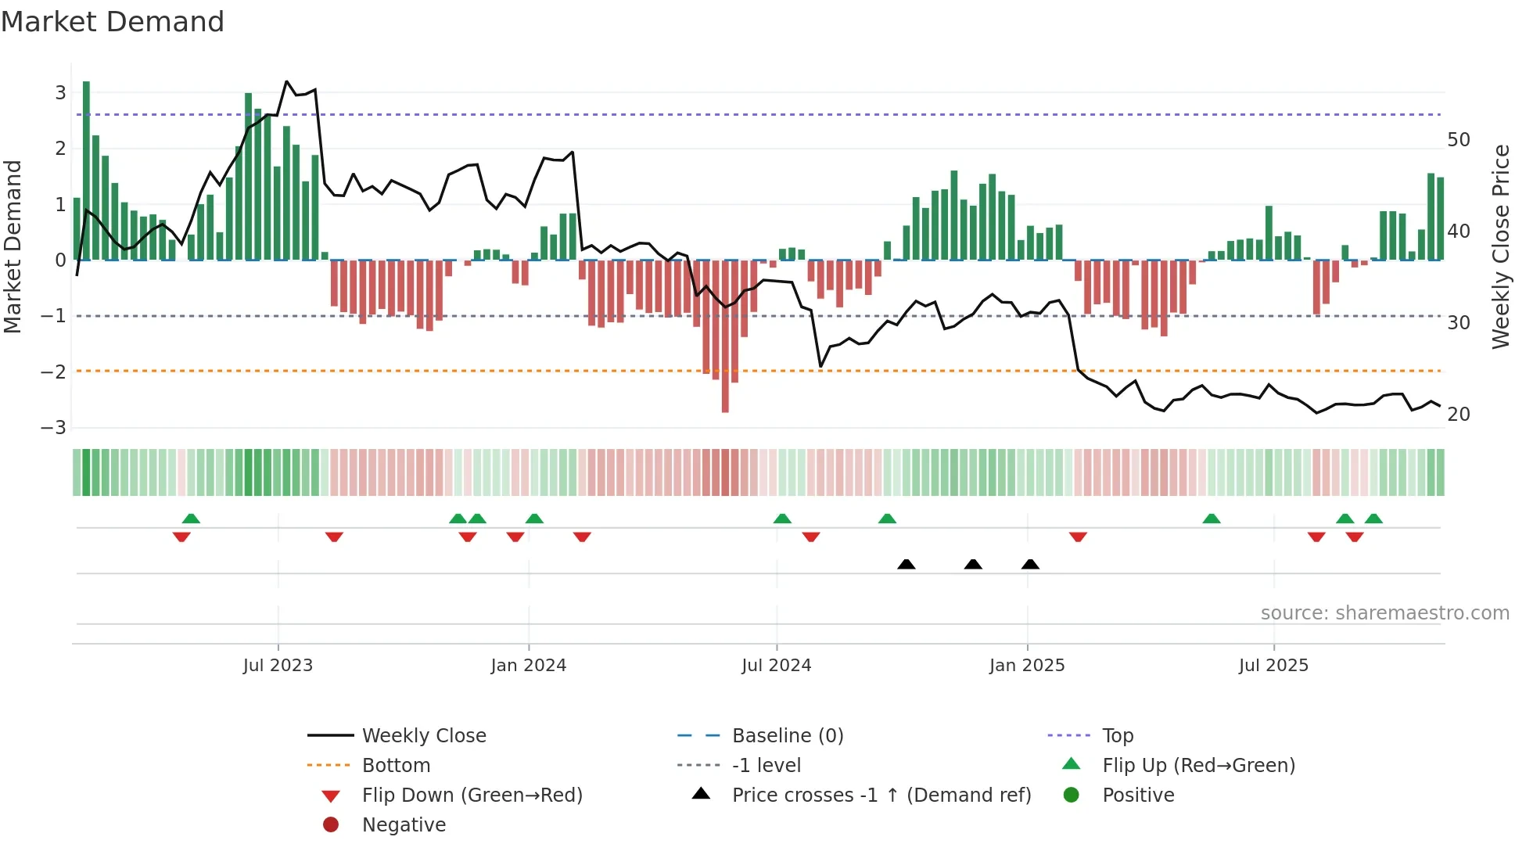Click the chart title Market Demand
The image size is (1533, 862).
tap(113, 22)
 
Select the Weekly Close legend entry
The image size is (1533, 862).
tap(423, 735)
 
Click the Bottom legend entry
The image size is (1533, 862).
tap(396, 765)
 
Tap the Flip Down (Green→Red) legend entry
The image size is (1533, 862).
tap(472, 795)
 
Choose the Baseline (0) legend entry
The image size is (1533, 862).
tap(787, 735)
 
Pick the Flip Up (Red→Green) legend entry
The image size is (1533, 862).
tap(1198, 765)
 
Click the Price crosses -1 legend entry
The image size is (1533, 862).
tap(881, 795)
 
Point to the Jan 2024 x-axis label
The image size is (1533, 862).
tap(528, 666)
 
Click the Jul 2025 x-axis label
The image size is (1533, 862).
tap(1273, 666)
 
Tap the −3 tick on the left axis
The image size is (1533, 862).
tap(54, 428)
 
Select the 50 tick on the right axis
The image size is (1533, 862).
tap(1458, 140)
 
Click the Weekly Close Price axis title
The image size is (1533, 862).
tap(1500, 246)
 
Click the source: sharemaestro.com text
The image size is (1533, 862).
tap(1384, 613)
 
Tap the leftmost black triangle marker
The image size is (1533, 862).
tap(906, 564)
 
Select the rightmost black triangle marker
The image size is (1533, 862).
tap(1030, 564)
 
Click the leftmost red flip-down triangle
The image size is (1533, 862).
tap(181, 537)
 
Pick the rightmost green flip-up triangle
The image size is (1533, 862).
tap(1373, 518)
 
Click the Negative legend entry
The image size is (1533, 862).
tap(404, 824)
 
